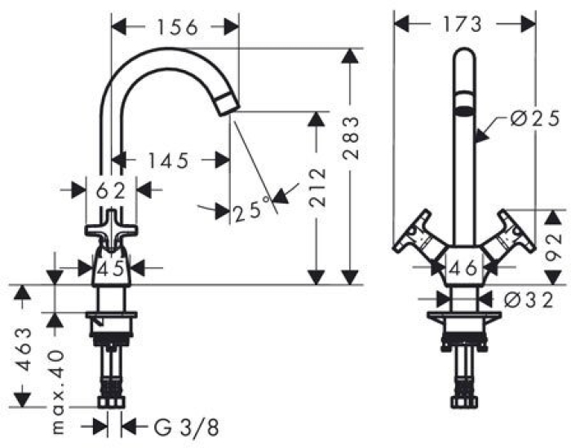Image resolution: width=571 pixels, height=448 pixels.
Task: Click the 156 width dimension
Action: [x=175, y=26]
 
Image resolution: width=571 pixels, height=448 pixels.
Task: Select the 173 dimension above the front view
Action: [x=463, y=24]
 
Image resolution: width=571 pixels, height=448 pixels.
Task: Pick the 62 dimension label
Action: [x=109, y=191]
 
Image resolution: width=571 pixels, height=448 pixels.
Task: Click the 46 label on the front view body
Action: [x=463, y=266]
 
